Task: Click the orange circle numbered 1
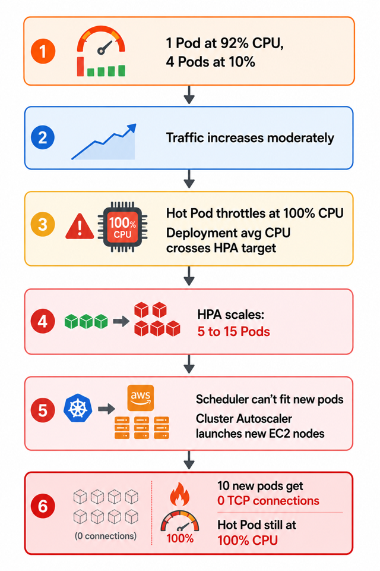[x=43, y=51]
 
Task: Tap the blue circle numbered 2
[x=43, y=137]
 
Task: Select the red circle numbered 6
[x=43, y=506]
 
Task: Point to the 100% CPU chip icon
[x=122, y=227]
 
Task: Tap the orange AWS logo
[x=140, y=398]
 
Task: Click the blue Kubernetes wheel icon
[x=78, y=408]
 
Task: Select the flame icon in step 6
[x=180, y=494]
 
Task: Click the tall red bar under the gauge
[x=80, y=67]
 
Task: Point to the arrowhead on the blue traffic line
[x=132, y=128]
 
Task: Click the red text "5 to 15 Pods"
[x=233, y=332]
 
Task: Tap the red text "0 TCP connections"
[x=268, y=501]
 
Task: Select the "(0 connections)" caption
[x=106, y=536]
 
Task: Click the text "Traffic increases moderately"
[x=250, y=138]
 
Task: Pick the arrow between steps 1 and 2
[x=189, y=95]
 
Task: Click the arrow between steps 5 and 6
[x=189, y=460]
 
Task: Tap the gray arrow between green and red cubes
[x=121, y=321]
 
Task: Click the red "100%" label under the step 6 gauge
[x=180, y=538]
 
